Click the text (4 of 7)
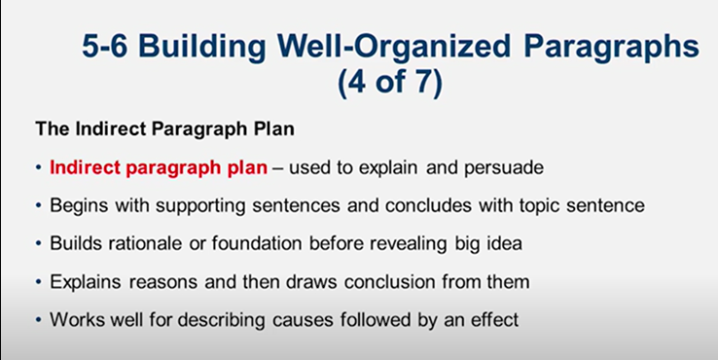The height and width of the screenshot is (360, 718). click(x=389, y=83)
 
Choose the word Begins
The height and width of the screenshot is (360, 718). click(x=74, y=206)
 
